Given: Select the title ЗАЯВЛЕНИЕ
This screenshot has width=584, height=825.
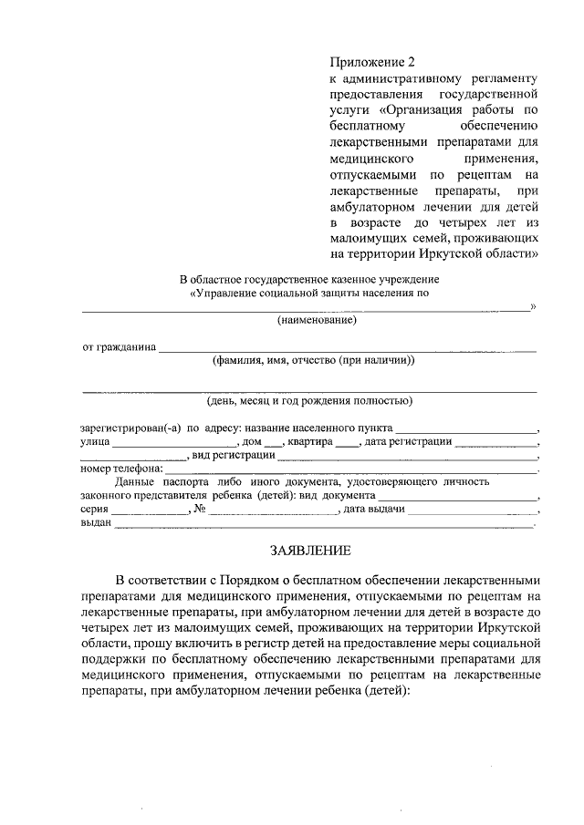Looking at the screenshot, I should coord(308,551).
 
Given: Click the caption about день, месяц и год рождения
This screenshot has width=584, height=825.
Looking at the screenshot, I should coord(309,400).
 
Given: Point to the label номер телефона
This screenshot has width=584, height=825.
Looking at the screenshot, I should coord(118,468).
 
